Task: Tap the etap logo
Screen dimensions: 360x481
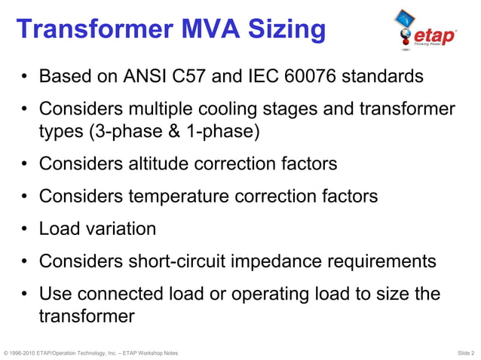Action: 424,33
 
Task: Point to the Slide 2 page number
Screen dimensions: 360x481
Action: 466,352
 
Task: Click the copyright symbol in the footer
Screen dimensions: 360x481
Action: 6,352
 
